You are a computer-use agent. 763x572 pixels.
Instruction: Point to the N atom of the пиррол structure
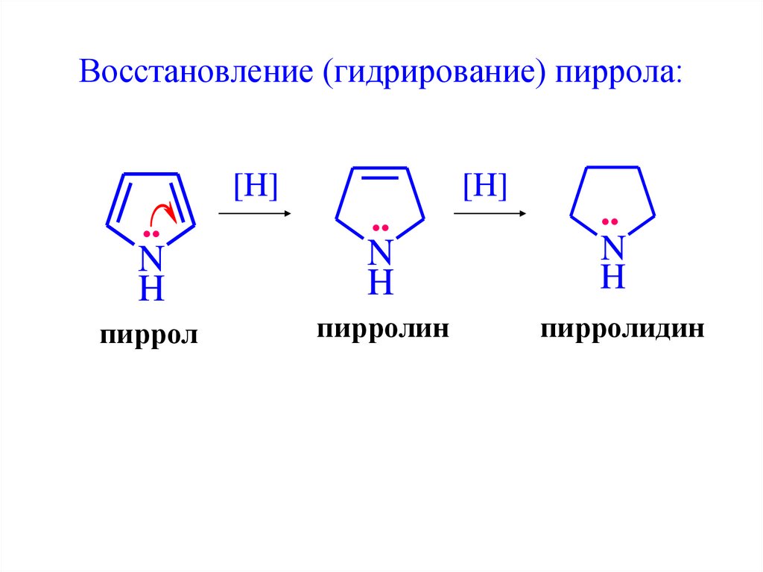pos(151,258)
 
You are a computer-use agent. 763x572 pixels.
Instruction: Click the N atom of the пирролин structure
pos(380,252)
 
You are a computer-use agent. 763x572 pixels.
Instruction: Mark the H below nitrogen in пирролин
pos(380,283)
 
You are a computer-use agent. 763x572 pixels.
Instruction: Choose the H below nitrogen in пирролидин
pos(612,277)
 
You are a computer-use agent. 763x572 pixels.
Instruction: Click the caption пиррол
pos(150,334)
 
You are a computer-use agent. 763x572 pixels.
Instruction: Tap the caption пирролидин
pos(623,329)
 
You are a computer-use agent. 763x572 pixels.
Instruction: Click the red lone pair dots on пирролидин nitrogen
pos(611,222)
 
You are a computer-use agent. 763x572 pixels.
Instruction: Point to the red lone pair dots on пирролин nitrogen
pos(380,227)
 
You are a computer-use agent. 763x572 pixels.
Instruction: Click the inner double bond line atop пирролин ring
pos(380,180)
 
